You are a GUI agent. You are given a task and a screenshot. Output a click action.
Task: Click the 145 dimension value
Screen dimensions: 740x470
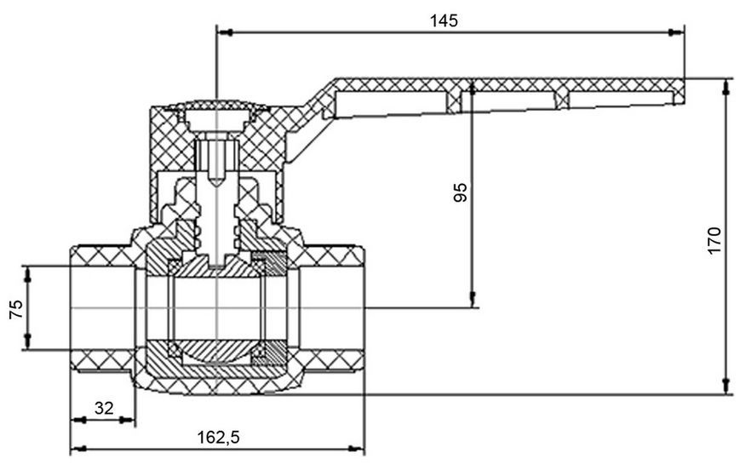point(444,20)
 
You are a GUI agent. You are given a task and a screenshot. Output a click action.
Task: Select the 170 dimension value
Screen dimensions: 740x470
point(714,240)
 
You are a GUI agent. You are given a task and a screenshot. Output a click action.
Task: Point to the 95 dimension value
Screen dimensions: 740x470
point(460,192)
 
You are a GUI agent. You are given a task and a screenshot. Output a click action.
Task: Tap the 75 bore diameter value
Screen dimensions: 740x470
point(16,309)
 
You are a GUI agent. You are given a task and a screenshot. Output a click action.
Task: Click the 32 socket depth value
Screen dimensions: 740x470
point(104,408)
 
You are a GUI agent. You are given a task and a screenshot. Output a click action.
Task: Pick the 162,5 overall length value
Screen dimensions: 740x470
point(218,438)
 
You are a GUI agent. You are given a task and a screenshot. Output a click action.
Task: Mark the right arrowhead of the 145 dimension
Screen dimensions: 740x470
point(676,32)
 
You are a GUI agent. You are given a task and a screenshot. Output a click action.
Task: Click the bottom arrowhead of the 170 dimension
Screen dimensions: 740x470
point(726,386)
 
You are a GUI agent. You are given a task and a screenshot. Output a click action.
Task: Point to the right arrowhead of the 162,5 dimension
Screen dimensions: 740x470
point(356,448)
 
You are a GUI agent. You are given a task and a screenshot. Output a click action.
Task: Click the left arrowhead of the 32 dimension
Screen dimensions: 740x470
point(79,420)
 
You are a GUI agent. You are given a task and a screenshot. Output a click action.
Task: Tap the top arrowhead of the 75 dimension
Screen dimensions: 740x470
point(27,275)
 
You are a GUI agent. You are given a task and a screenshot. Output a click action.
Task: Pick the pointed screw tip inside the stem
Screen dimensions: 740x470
point(216,181)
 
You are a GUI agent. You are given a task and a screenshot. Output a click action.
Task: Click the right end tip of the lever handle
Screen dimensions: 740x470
point(684,90)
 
